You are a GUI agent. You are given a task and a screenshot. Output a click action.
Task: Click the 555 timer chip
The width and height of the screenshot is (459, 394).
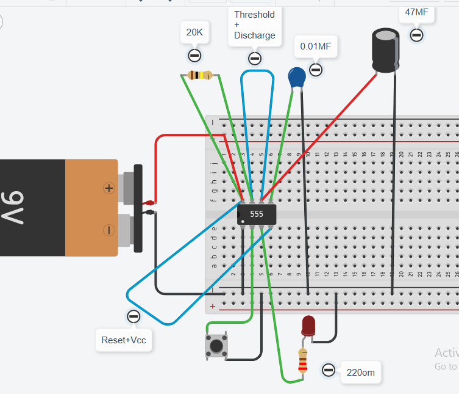(x=256, y=214)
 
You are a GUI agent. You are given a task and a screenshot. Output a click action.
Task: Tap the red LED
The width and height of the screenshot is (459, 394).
(x=308, y=324)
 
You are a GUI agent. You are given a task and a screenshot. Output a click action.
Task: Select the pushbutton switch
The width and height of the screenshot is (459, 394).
(x=216, y=346)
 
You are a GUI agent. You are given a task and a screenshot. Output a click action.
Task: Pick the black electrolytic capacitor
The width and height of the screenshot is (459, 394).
(x=386, y=52)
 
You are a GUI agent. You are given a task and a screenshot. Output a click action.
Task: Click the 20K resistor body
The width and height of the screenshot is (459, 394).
(x=200, y=76)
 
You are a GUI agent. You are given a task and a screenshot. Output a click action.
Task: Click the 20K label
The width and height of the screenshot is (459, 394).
(x=194, y=32)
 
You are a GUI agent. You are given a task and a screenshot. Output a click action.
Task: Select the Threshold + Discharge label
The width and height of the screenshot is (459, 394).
(x=254, y=25)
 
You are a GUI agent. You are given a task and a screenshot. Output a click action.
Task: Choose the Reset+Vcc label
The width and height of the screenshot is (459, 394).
(x=124, y=339)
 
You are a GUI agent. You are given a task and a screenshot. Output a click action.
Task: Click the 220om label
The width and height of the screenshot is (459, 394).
(x=360, y=371)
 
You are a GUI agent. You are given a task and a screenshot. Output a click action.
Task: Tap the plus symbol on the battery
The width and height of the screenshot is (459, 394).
(x=109, y=188)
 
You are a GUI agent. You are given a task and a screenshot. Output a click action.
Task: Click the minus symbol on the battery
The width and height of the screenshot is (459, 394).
(x=109, y=230)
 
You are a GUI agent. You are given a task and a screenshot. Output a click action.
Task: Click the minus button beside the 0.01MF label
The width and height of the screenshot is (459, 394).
(x=315, y=69)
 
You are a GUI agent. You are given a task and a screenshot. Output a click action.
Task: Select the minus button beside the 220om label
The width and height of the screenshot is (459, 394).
(x=329, y=370)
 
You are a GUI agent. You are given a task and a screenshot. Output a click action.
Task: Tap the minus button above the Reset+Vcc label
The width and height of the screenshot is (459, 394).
(x=133, y=316)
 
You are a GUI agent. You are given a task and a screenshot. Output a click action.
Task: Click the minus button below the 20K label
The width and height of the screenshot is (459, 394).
(x=194, y=56)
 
